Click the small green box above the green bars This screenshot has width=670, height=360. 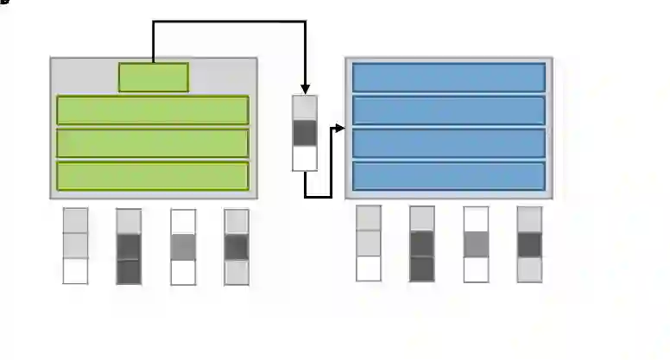coord(153,77)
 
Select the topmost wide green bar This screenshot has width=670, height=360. coord(153,110)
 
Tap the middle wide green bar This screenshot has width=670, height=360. coord(153,142)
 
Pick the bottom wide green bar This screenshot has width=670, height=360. coord(153,175)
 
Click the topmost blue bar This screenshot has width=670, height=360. coord(449,77)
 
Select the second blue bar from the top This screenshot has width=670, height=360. coord(449,110)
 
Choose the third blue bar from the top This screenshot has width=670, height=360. coord(449,142)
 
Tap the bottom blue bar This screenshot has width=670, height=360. coord(449,175)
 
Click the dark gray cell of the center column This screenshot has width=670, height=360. coord(306,133)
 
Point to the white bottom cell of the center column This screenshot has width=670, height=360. coord(306,158)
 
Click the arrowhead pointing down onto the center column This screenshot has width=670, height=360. coord(306,89)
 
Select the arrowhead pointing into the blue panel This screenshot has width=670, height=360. coord(340,129)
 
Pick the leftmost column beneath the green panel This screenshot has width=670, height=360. coord(75,246)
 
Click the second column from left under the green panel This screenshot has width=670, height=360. coord(129,246)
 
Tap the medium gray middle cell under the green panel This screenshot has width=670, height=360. coord(183,247)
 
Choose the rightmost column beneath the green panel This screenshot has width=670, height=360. coord(237,246)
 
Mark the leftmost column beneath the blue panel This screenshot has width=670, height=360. coord(369,243)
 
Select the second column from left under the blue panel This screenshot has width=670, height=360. coord(422,243)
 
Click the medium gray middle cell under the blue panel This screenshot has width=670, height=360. coord(476,244)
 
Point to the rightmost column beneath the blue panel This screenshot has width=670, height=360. coord(529,243)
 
